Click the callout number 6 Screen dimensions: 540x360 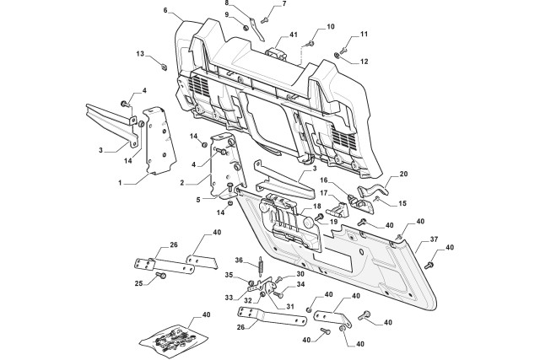click(x=165, y=10)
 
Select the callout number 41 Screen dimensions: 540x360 click(x=294, y=35)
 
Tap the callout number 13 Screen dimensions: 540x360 click(x=140, y=54)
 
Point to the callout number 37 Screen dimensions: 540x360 click(x=434, y=239)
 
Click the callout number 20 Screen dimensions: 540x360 click(x=403, y=175)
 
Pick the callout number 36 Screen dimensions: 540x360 click(x=240, y=260)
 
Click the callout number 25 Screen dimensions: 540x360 click(x=138, y=283)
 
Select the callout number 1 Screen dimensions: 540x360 click(x=120, y=184)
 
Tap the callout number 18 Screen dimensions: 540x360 click(x=317, y=206)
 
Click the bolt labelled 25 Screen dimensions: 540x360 click(x=161, y=276)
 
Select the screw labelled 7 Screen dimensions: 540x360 click(x=264, y=20)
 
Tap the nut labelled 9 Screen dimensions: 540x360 click(x=246, y=28)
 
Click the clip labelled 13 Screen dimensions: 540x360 click(x=165, y=67)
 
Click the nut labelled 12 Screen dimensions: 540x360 click(x=337, y=55)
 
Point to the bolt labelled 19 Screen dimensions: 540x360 click(x=319, y=217)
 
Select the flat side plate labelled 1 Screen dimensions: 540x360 click(x=159, y=141)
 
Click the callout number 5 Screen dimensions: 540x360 click(x=198, y=200)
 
